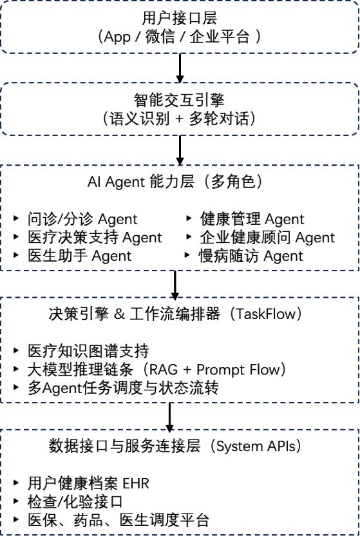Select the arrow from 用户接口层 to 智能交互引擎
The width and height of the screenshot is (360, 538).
[x=180, y=65]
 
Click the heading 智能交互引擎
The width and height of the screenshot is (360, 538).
[x=180, y=101]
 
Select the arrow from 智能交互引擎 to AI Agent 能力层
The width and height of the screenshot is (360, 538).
[x=180, y=149]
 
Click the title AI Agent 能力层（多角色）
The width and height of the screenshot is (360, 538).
[x=180, y=182]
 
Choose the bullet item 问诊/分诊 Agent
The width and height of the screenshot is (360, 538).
[x=82, y=220]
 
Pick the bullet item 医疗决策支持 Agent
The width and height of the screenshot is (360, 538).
[x=95, y=238]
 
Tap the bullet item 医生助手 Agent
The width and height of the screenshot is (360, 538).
[x=79, y=256]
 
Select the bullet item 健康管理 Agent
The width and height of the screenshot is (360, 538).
[x=252, y=220]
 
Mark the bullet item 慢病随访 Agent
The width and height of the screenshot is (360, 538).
[x=251, y=256]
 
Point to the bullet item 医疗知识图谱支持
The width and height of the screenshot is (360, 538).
[x=88, y=352]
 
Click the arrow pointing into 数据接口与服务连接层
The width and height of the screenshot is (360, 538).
[x=171, y=417]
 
